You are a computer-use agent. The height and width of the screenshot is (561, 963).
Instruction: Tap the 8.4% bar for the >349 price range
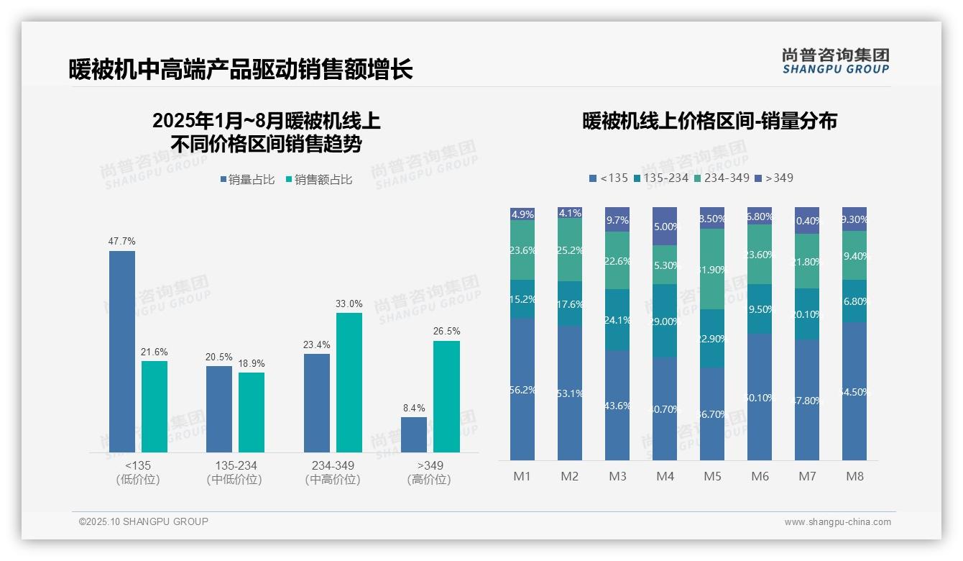coord(414,434)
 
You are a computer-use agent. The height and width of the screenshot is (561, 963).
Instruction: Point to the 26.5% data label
coord(446,331)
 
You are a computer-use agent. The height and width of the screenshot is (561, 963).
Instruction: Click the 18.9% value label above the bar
coord(252,362)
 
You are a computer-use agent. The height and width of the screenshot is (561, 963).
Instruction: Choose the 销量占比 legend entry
coord(247,180)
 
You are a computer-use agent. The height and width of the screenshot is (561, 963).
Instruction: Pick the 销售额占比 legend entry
coord(319,180)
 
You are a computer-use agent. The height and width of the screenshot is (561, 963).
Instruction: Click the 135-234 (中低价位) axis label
coord(234,472)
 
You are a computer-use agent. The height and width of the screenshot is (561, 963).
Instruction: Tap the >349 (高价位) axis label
coord(429,472)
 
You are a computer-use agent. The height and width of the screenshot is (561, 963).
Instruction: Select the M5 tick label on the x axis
coord(712,476)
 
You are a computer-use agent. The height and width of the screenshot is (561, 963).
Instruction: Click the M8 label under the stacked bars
coord(854,476)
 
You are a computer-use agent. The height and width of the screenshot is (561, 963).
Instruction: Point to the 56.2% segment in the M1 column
coord(522,389)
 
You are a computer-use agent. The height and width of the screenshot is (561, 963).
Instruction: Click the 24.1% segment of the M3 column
coord(617,320)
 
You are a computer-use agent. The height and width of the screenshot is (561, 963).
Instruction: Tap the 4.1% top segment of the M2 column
coord(570,213)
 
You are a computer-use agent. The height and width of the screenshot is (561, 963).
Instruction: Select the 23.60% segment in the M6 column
coord(760,254)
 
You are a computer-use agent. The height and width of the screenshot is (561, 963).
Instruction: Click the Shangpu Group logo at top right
coord(835,60)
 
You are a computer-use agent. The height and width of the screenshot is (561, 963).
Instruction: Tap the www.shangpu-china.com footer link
coord(837,522)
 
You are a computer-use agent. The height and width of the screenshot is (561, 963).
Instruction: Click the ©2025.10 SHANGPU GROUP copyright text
coord(144,521)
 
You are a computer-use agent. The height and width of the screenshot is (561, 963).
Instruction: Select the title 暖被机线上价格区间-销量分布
coord(709,121)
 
